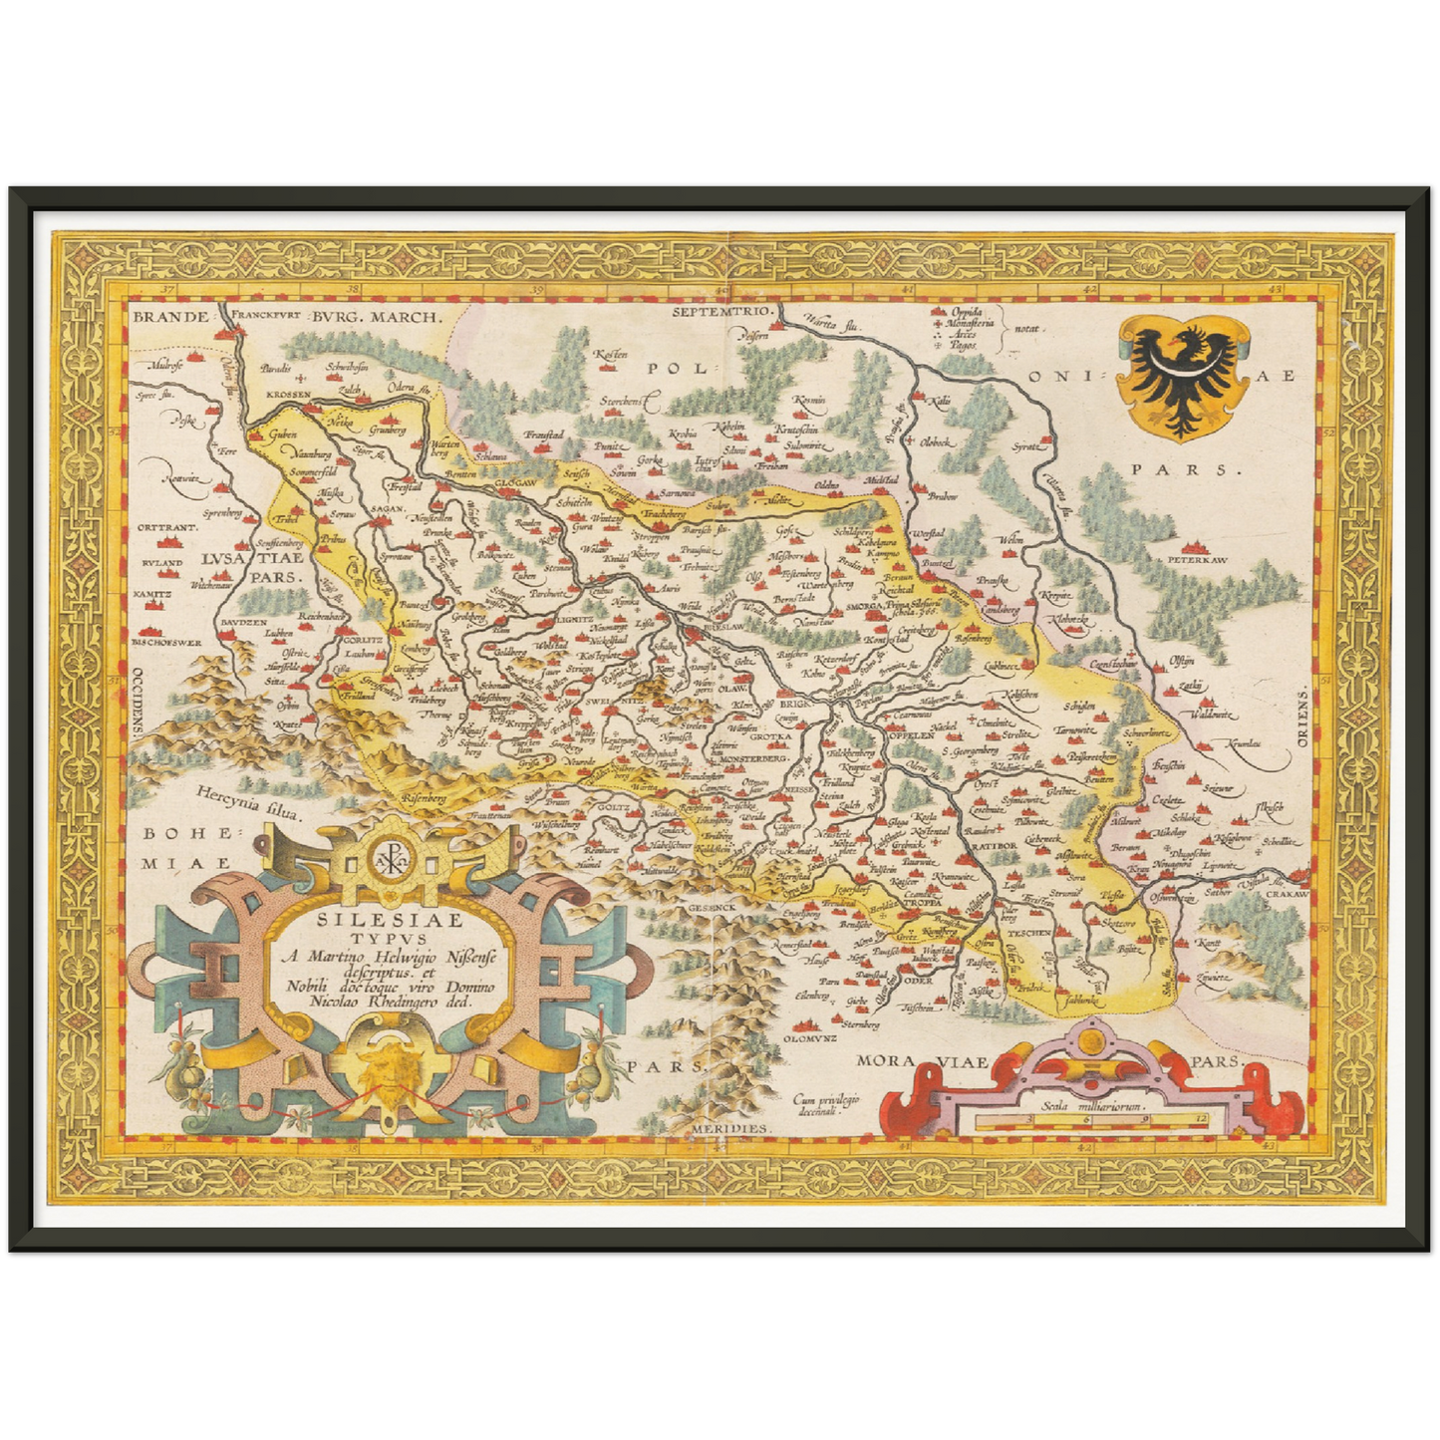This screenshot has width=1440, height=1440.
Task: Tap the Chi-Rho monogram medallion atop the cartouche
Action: [x=384, y=857]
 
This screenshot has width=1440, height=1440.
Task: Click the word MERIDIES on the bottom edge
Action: [x=732, y=1128]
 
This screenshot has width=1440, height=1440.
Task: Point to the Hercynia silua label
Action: [x=249, y=805]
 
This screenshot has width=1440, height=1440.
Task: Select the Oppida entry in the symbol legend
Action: [x=973, y=313]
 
